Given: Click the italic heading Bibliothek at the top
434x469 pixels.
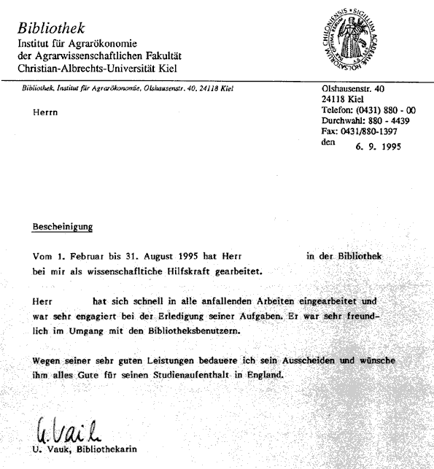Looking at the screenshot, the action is click(52, 28).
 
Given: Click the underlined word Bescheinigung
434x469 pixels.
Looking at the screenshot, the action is click(63, 227).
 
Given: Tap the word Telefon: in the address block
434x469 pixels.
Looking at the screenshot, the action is click(338, 109).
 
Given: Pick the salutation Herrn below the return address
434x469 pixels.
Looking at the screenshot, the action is click(45, 112).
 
